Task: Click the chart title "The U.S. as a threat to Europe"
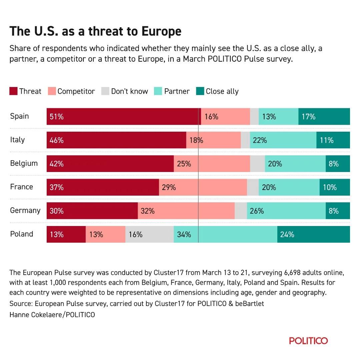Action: coord(95,31)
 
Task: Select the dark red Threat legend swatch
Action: coord(13,91)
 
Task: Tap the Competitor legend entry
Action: coord(72,91)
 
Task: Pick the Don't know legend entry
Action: coord(125,91)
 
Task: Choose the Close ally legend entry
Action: coord(217,91)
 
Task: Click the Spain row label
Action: coord(19,116)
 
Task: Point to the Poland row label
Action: coord(22,234)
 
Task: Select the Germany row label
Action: coord(25,210)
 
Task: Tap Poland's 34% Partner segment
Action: coord(225,234)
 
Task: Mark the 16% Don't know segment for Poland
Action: coord(149,234)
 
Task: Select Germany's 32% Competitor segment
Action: coord(186,211)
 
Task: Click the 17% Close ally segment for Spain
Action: coord(324,117)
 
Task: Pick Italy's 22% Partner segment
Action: coord(283,140)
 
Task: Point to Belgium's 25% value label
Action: coord(184,164)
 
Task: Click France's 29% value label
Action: coord(169,187)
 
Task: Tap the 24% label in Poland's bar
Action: coord(287,234)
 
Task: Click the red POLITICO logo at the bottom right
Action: coord(308,341)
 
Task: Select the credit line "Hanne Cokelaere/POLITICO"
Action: coord(52,315)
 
